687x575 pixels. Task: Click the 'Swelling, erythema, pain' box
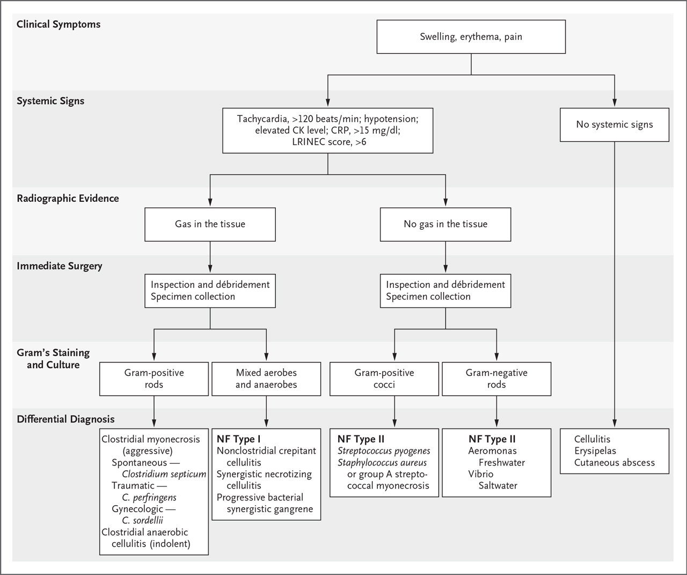(x=471, y=37)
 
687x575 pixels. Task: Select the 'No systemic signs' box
(x=615, y=125)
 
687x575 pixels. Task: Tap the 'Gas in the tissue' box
(x=210, y=224)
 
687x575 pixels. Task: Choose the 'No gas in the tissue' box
(x=445, y=224)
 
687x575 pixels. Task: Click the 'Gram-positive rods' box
(x=154, y=379)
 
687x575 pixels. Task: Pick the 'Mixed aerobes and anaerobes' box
(x=266, y=379)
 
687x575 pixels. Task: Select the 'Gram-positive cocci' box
(x=384, y=379)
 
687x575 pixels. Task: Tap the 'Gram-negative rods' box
(x=496, y=379)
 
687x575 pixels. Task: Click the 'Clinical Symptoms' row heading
(x=59, y=24)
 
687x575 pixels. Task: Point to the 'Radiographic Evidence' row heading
(x=68, y=199)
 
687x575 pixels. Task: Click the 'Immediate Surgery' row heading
(x=60, y=266)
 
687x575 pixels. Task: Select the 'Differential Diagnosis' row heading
(x=66, y=419)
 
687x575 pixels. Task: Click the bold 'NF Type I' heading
(x=238, y=439)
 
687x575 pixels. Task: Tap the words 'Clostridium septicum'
(x=164, y=474)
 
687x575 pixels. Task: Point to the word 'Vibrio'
(x=481, y=474)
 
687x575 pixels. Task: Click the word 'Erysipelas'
(x=595, y=450)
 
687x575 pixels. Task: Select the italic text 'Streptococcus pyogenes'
(x=384, y=451)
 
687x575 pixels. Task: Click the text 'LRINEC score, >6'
(x=329, y=142)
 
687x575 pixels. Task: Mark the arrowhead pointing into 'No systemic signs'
(x=615, y=103)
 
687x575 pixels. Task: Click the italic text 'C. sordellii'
(x=142, y=520)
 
